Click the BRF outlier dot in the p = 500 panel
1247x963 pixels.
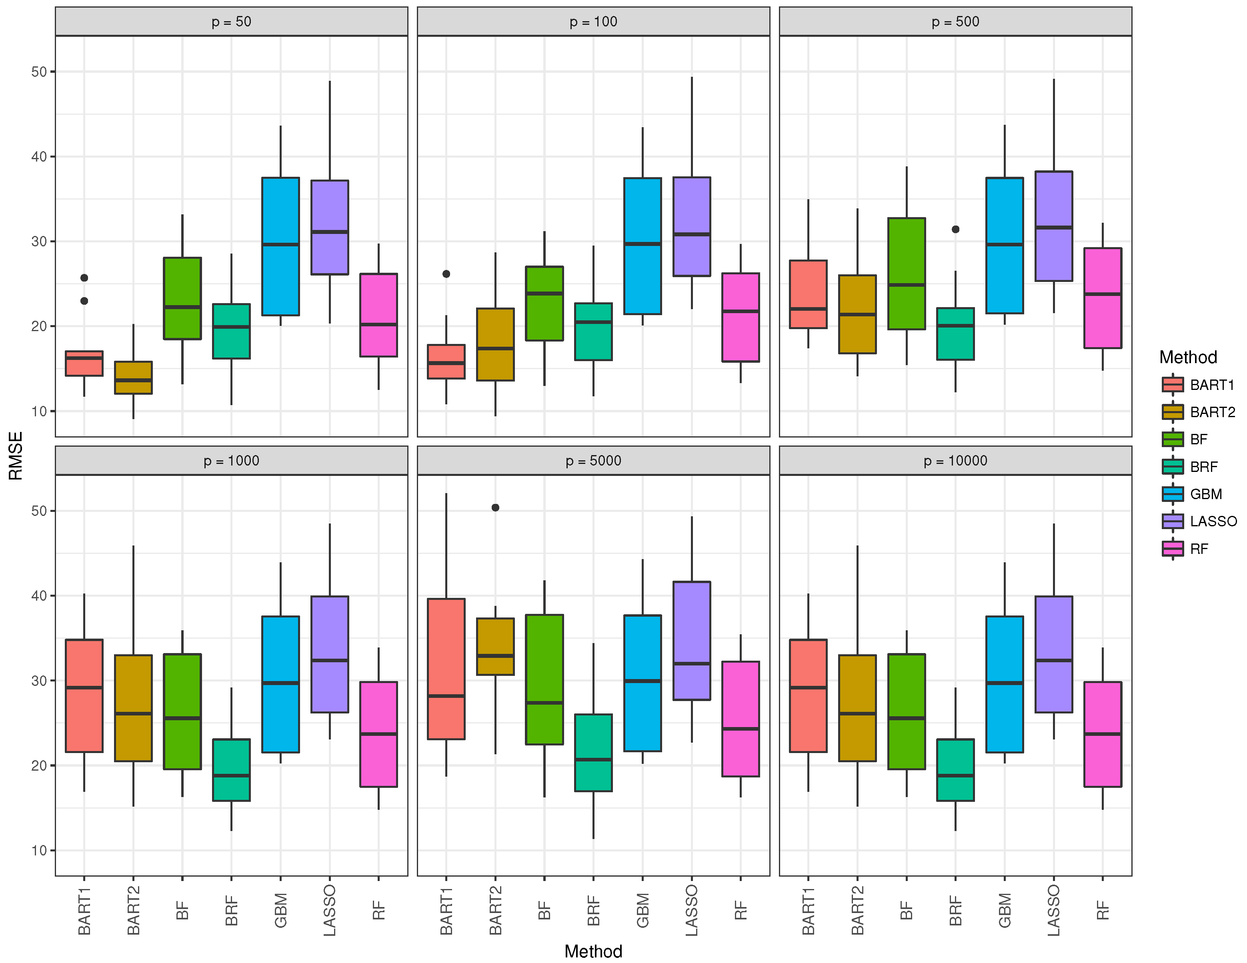(x=955, y=230)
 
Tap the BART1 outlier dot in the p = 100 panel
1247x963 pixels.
(x=446, y=274)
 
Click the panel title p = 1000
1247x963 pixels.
(x=231, y=461)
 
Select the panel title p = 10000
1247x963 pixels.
(x=955, y=461)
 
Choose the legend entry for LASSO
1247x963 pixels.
(x=1199, y=521)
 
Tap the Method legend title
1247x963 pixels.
(x=1188, y=358)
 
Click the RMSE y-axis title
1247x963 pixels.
(x=16, y=456)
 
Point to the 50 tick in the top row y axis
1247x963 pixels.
(x=39, y=72)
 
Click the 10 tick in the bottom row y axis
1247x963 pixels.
(x=39, y=851)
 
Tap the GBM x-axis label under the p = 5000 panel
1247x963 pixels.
(x=643, y=911)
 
